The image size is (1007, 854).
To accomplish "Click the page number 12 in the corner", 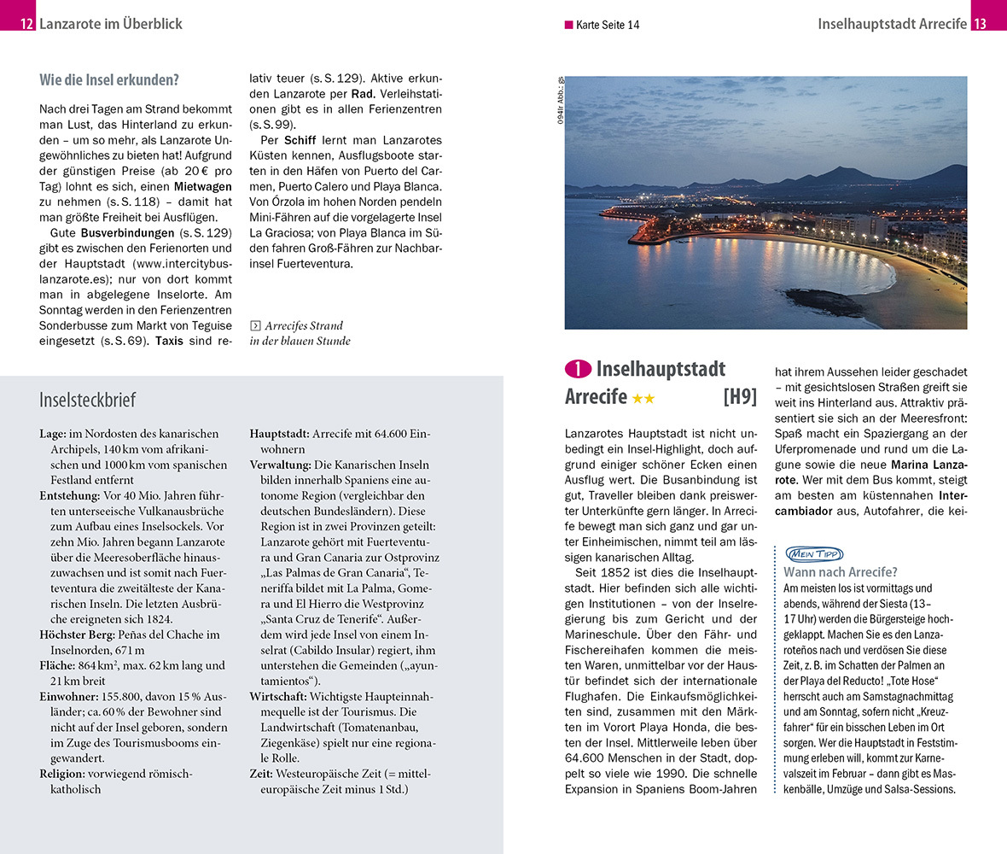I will [26, 24].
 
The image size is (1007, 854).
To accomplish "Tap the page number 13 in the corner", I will [980, 24].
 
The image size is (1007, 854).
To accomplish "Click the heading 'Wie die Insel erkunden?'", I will [109, 81].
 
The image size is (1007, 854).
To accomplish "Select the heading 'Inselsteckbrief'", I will [87, 400].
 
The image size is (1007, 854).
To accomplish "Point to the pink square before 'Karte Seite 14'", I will [569, 25].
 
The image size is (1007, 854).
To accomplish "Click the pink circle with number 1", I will [578, 370].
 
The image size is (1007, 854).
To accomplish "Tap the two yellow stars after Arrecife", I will [643, 398].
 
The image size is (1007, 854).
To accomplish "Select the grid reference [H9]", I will [739, 397].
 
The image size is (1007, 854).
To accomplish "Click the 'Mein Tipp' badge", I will [813, 553].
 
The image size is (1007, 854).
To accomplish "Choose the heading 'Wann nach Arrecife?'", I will [840, 572].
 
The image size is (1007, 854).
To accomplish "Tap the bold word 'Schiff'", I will [300, 139].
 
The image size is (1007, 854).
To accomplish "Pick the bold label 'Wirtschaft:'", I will [278, 696].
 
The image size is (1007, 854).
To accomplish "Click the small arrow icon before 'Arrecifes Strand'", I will [254, 325].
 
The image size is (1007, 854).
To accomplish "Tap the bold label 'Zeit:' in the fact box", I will [261, 774].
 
